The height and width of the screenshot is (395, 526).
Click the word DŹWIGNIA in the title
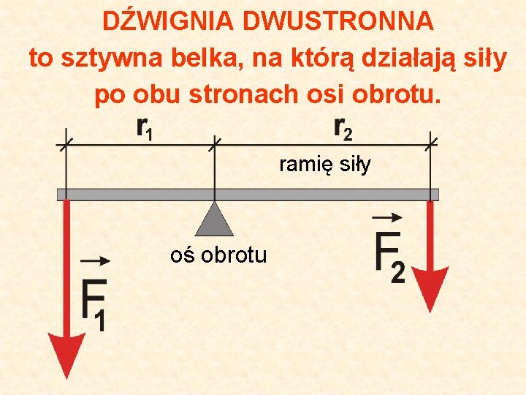coord(169,22)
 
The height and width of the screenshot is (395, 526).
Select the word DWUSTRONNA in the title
coord(339,22)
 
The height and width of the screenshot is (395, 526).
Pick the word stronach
coord(253,94)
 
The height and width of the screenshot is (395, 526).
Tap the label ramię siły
coord(325,165)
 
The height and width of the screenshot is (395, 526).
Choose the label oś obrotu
coord(218,255)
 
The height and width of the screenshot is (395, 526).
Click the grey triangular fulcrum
coord(214,219)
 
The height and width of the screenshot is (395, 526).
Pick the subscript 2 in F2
coord(399,272)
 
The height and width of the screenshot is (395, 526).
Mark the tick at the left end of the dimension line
coord(66,140)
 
